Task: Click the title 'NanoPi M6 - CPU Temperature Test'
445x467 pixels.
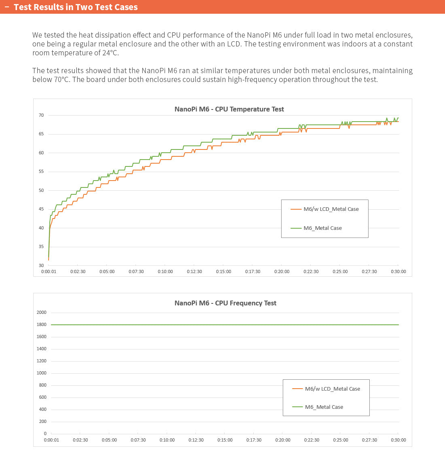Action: [x=229, y=109]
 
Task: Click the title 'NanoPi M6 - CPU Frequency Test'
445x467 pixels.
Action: [x=225, y=303]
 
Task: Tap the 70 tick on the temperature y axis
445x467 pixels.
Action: [x=41, y=115]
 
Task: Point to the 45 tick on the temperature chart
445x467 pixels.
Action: [x=41, y=209]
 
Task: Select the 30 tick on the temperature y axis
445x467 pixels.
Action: [x=41, y=265]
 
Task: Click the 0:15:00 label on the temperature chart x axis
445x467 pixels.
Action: [x=223, y=271]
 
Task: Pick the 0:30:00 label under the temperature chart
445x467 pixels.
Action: [x=398, y=271]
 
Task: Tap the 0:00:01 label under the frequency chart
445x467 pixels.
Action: [x=51, y=440]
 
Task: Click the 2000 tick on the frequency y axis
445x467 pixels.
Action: [x=42, y=312]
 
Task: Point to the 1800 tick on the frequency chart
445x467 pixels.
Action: [x=42, y=324]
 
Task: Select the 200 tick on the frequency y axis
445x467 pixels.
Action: [x=42, y=421]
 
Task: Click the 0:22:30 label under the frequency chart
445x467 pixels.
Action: [x=311, y=440]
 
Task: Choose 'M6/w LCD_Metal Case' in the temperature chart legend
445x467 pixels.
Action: [x=331, y=209]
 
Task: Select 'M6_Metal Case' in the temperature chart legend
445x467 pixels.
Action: [x=322, y=228]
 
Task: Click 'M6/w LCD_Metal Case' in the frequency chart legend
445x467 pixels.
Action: [x=332, y=389]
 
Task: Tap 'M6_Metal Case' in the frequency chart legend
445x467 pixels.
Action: [x=324, y=407]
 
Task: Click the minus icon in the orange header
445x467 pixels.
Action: [x=6, y=7]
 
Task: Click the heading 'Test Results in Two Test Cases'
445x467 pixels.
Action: [x=76, y=7]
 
